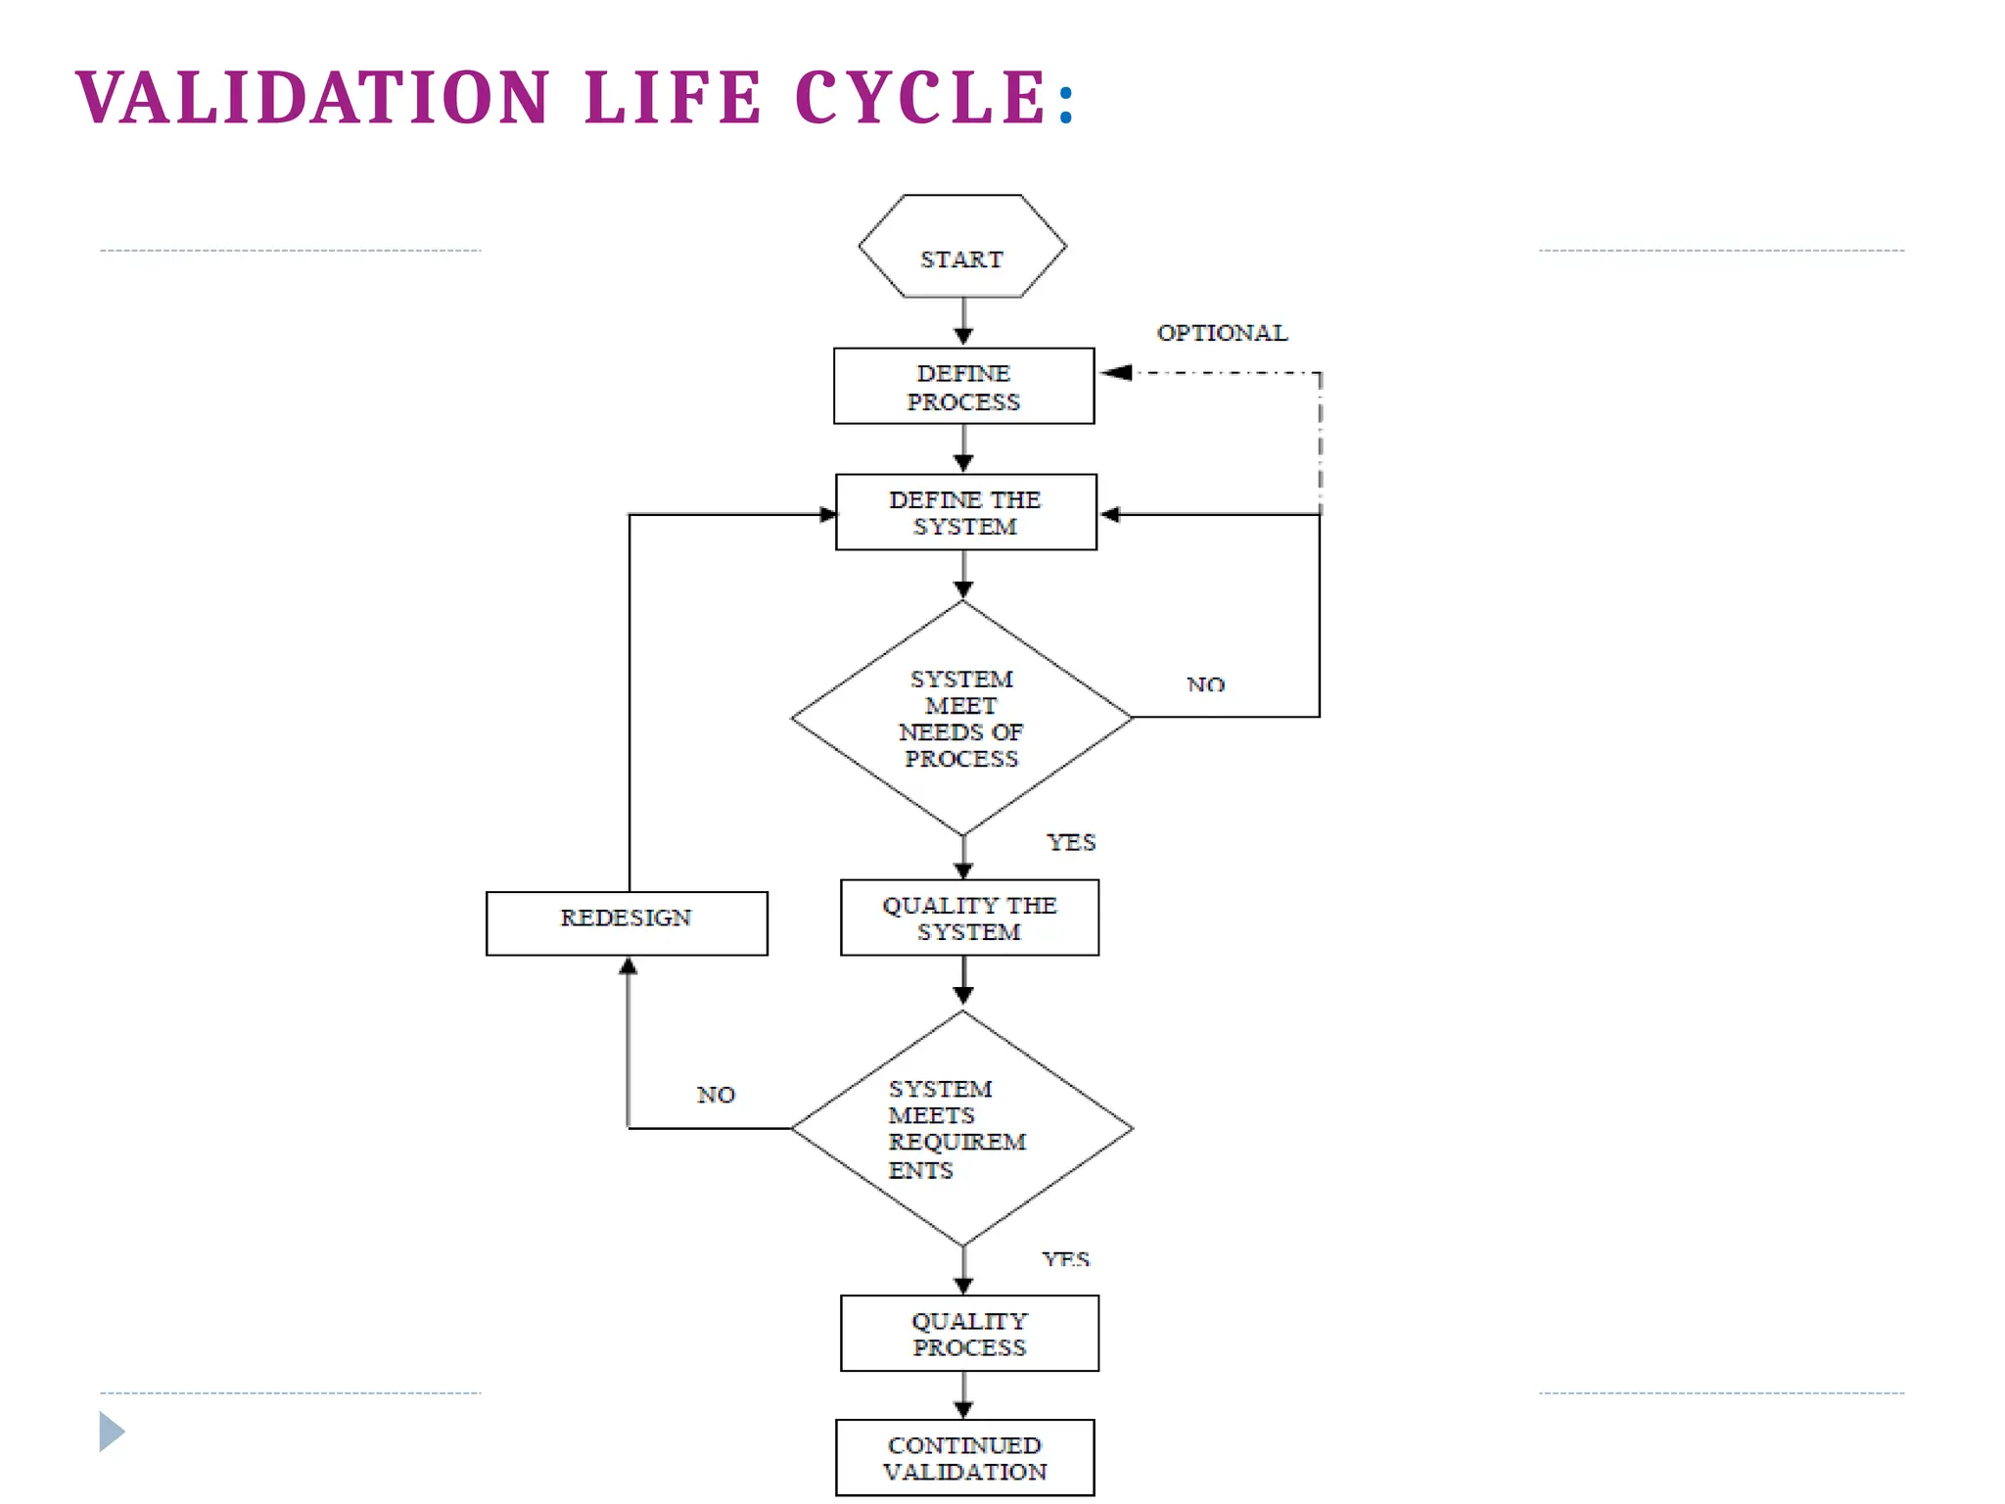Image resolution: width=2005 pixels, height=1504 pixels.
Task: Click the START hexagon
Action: tap(962, 247)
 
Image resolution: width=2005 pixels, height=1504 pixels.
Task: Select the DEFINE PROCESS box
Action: tap(963, 387)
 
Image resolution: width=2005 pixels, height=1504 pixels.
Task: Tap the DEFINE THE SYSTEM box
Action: tap(965, 512)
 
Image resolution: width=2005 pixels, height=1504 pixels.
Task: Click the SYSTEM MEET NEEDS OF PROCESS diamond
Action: tap(961, 718)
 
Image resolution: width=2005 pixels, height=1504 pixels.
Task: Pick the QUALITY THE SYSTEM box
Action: tap(969, 917)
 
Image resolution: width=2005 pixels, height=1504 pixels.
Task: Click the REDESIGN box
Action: tap(627, 922)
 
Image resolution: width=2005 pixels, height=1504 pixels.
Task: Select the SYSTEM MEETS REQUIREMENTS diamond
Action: tap(961, 1128)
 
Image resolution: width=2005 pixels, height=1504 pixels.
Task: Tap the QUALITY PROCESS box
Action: tap(969, 1333)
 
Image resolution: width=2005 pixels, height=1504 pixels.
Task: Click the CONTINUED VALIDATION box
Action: tap(965, 1457)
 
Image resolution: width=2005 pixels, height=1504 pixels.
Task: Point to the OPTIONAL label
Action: tap(1222, 333)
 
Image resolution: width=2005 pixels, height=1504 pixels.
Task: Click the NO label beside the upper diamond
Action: tap(1205, 684)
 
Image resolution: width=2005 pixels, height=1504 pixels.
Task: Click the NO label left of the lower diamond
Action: tap(716, 1095)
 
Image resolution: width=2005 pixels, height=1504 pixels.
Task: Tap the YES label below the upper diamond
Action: tap(1071, 842)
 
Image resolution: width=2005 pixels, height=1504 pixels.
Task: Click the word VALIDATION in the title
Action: tap(313, 98)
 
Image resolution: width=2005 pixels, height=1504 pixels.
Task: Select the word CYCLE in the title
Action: tap(920, 98)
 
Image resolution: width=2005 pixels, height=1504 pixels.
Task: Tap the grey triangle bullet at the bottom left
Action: tap(112, 1432)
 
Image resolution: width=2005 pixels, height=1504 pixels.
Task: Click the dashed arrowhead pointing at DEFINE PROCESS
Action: tap(1116, 372)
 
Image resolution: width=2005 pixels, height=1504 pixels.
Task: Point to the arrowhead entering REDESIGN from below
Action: tap(628, 966)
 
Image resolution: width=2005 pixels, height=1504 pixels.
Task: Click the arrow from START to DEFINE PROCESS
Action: tap(963, 321)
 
